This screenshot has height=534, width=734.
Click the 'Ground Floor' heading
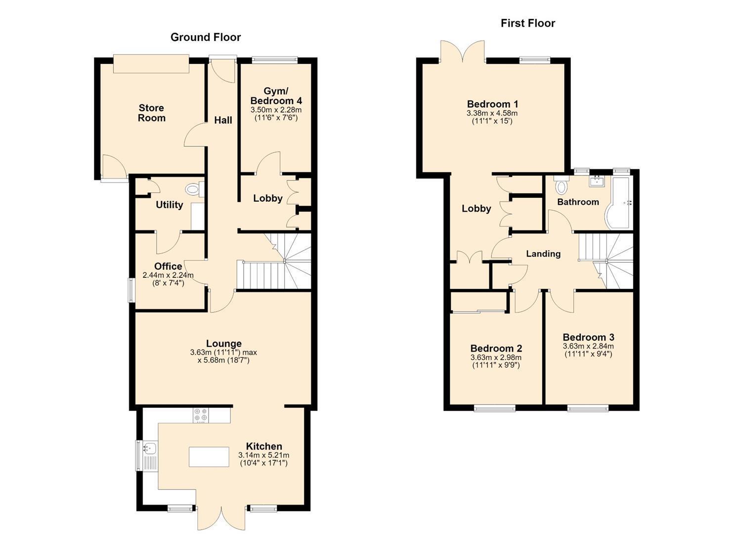pyautogui.click(x=206, y=38)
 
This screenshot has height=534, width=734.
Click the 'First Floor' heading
pyautogui.click(x=528, y=23)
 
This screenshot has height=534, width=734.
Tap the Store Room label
pyautogui.click(x=151, y=113)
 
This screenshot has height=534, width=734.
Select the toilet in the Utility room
pyautogui.click(x=195, y=189)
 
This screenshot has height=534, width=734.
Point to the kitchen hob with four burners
pyautogui.click(x=200, y=415)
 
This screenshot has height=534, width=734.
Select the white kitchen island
pyautogui.click(x=209, y=457)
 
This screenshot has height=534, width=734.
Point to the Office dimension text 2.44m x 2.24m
pyautogui.click(x=168, y=275)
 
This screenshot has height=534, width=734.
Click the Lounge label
pyautogui.click(x=224, y=343)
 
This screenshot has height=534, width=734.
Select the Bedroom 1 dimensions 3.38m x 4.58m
pyautogui.click(x=492, y=113)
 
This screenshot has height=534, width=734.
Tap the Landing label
pyautogui.click(x=543, y=254)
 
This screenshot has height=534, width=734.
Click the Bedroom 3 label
pyautogui.click(x=589, y=337)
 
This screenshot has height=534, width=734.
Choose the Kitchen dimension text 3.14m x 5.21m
pyautogui.click(x=264, y=455)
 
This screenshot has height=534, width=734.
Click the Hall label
pyautogui.click(x=223, y=120)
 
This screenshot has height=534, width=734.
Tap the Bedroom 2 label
pyautogui.click(x=496, y=348)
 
